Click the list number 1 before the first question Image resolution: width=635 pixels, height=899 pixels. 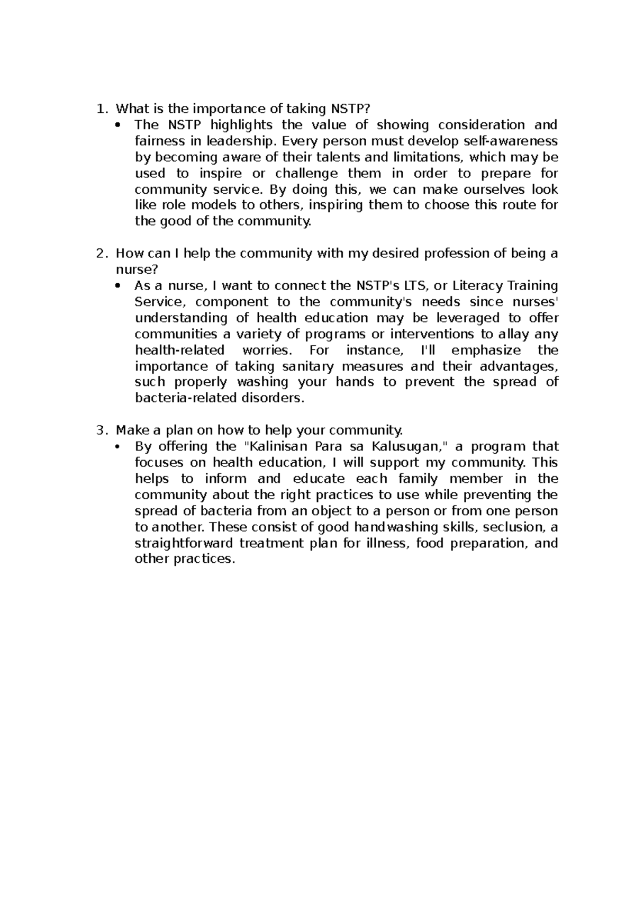[x=99, y=109]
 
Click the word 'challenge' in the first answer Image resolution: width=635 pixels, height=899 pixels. [x=306, y=173]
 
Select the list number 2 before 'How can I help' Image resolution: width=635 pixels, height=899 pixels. [x=99, y=254]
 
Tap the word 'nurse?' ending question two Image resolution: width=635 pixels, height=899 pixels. [x=137, y=269]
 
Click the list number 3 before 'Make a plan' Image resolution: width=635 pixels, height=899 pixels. [x=99, y=430]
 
